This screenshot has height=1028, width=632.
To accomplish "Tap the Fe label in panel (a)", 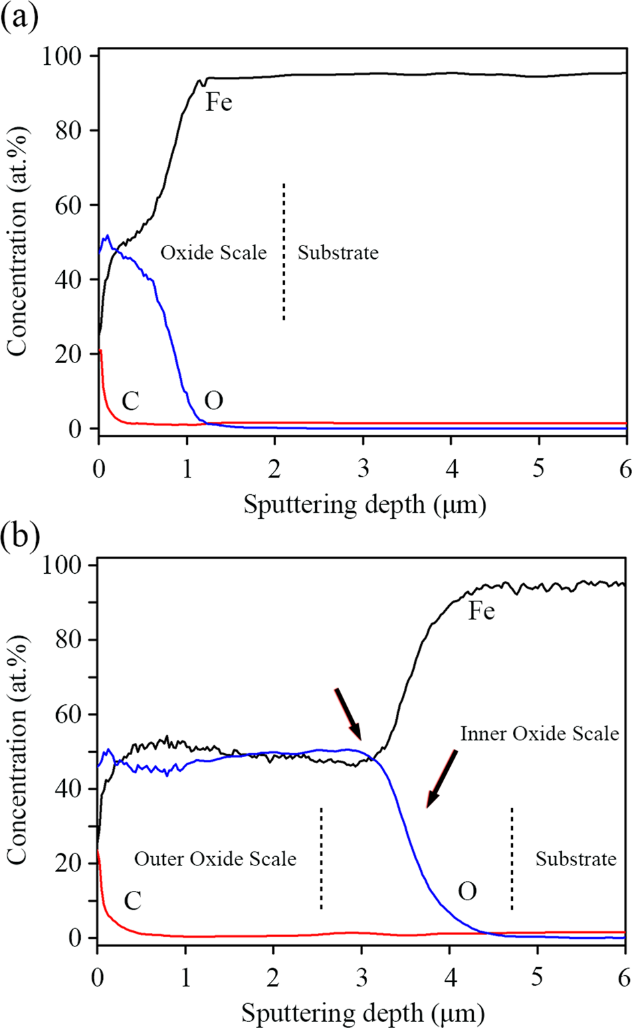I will coord(219,102).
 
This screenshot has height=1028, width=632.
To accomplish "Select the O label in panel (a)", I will coord(213,401).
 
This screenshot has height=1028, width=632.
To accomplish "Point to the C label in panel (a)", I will coord(130,401).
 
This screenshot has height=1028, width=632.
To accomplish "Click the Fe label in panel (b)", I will coord(481,611).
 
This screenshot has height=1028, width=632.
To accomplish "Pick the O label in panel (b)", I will coord(467,892).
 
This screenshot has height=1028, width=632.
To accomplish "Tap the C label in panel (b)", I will coord(132,901).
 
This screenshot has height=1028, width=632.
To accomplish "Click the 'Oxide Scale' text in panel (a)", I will coord(213,253).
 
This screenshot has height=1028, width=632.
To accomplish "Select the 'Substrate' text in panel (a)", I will coord(338,253).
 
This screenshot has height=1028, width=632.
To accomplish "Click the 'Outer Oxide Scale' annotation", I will coord(215,859).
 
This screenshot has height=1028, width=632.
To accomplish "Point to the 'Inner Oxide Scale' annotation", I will coord(539,734).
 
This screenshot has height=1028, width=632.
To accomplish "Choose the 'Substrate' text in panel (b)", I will coord(575,859).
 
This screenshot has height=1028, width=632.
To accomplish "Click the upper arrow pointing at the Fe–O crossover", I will coord(348,713).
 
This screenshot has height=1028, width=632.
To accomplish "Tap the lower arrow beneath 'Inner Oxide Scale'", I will coord(441,779).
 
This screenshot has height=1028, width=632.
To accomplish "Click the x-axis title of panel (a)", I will coord(364,504).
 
